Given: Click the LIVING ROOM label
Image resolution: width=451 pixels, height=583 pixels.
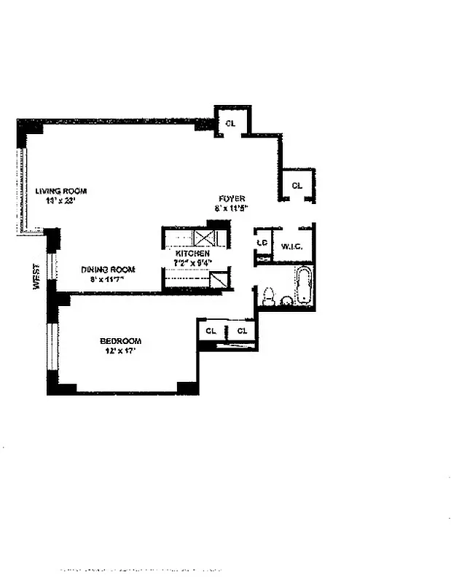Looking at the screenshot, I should tap(61, 191).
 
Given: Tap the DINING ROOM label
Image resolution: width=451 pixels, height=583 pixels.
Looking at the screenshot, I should tap(108, 269).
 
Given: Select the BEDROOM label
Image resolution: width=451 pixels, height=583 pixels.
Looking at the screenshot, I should tap(120, 341).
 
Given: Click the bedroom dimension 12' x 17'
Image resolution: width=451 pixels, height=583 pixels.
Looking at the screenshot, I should tap(120, 351).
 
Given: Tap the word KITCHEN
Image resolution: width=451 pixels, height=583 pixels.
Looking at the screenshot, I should tap(193, 254).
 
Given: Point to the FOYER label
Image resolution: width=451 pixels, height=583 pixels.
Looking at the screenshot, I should tap(232, 198).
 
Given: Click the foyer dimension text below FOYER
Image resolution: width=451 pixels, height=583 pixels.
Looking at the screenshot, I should tap(232, 208).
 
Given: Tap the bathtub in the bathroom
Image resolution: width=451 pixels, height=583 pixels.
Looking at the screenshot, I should tap(304, 286).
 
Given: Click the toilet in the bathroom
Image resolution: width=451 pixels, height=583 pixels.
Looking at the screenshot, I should tap(268, 296).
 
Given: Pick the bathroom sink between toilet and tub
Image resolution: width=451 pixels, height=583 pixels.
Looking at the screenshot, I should tap(286, 300).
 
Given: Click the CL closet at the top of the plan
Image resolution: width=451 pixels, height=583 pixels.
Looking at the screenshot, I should tap(231, 124).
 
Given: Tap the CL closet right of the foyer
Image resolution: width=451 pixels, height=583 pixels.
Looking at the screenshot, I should tap(297, 186).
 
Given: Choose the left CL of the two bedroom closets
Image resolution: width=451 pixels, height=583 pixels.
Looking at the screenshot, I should tap(211, 331).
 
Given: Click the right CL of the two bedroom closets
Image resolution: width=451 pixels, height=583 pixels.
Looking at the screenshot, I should tap(243, 331).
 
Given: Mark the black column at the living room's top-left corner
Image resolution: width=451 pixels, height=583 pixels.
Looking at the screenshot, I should tap(31, 129).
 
